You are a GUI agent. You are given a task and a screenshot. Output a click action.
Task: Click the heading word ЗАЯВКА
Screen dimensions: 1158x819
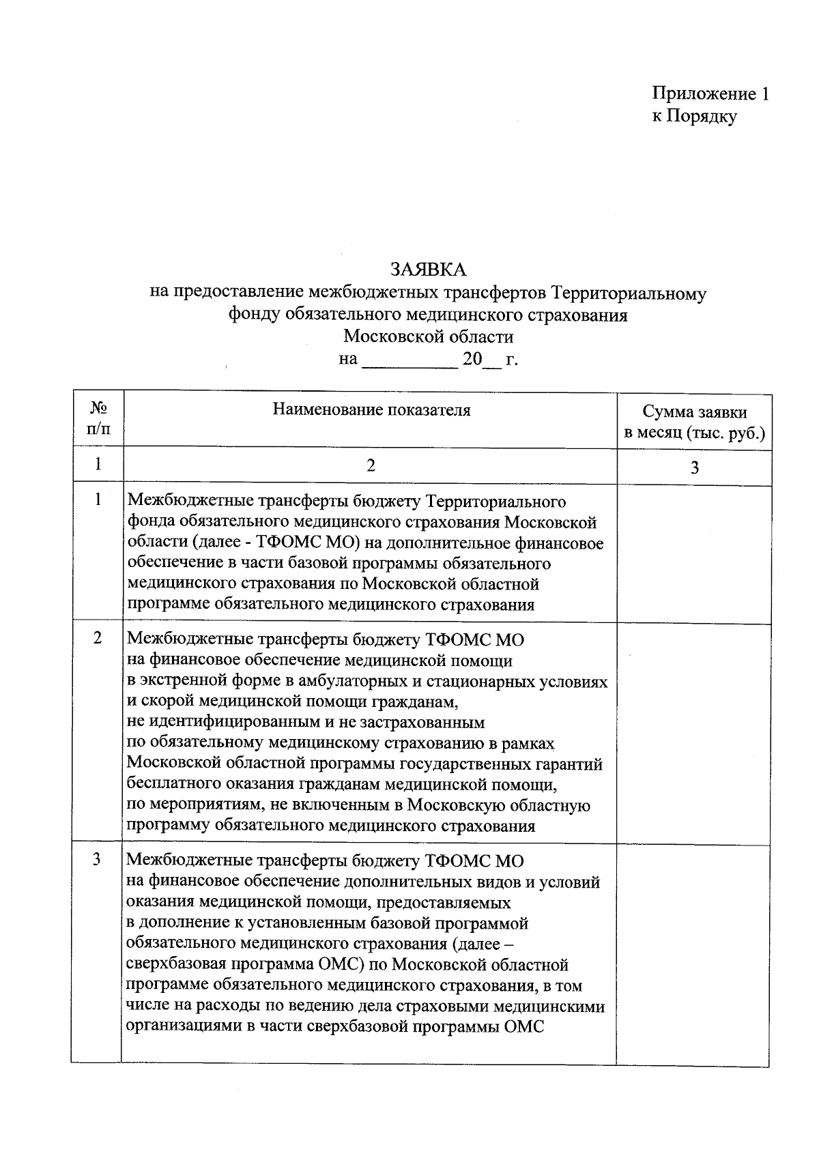click(x=428, y=270)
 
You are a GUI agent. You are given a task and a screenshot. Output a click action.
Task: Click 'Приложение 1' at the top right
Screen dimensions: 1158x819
click(x=710, y=93)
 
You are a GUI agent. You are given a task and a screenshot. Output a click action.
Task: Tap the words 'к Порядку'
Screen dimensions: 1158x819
click(x=694, y=117)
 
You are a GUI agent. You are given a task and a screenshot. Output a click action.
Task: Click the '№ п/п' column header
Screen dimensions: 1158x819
click(x=98, y=418)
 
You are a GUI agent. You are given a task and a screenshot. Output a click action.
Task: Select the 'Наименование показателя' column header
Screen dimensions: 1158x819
click(x=371, y=410)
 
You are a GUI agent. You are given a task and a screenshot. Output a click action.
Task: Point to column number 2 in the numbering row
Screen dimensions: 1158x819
click(x=371, y=465)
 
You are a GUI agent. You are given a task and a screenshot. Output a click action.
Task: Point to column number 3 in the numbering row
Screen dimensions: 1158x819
click(x=694, y=467)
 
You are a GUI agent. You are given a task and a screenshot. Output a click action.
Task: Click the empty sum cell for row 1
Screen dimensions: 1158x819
click(x=694, y=553)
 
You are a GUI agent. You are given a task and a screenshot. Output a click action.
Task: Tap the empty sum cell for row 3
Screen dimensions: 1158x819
click(x=694, y=952)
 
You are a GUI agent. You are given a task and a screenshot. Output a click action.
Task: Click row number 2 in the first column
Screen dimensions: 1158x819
click(x=98, y=638)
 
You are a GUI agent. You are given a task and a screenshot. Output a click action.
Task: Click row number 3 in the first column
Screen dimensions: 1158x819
click(x=98, y=859)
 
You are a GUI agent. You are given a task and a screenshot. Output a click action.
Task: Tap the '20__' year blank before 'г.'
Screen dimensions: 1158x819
click(x=481, y=360)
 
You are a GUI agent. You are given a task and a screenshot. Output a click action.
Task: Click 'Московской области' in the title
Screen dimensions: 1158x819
click(x=428, y=336)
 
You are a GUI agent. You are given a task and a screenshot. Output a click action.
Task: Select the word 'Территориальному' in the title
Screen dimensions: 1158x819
click(x=629, y=293)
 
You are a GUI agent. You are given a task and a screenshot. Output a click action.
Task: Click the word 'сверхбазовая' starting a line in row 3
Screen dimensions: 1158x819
click(x=182, y=965)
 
